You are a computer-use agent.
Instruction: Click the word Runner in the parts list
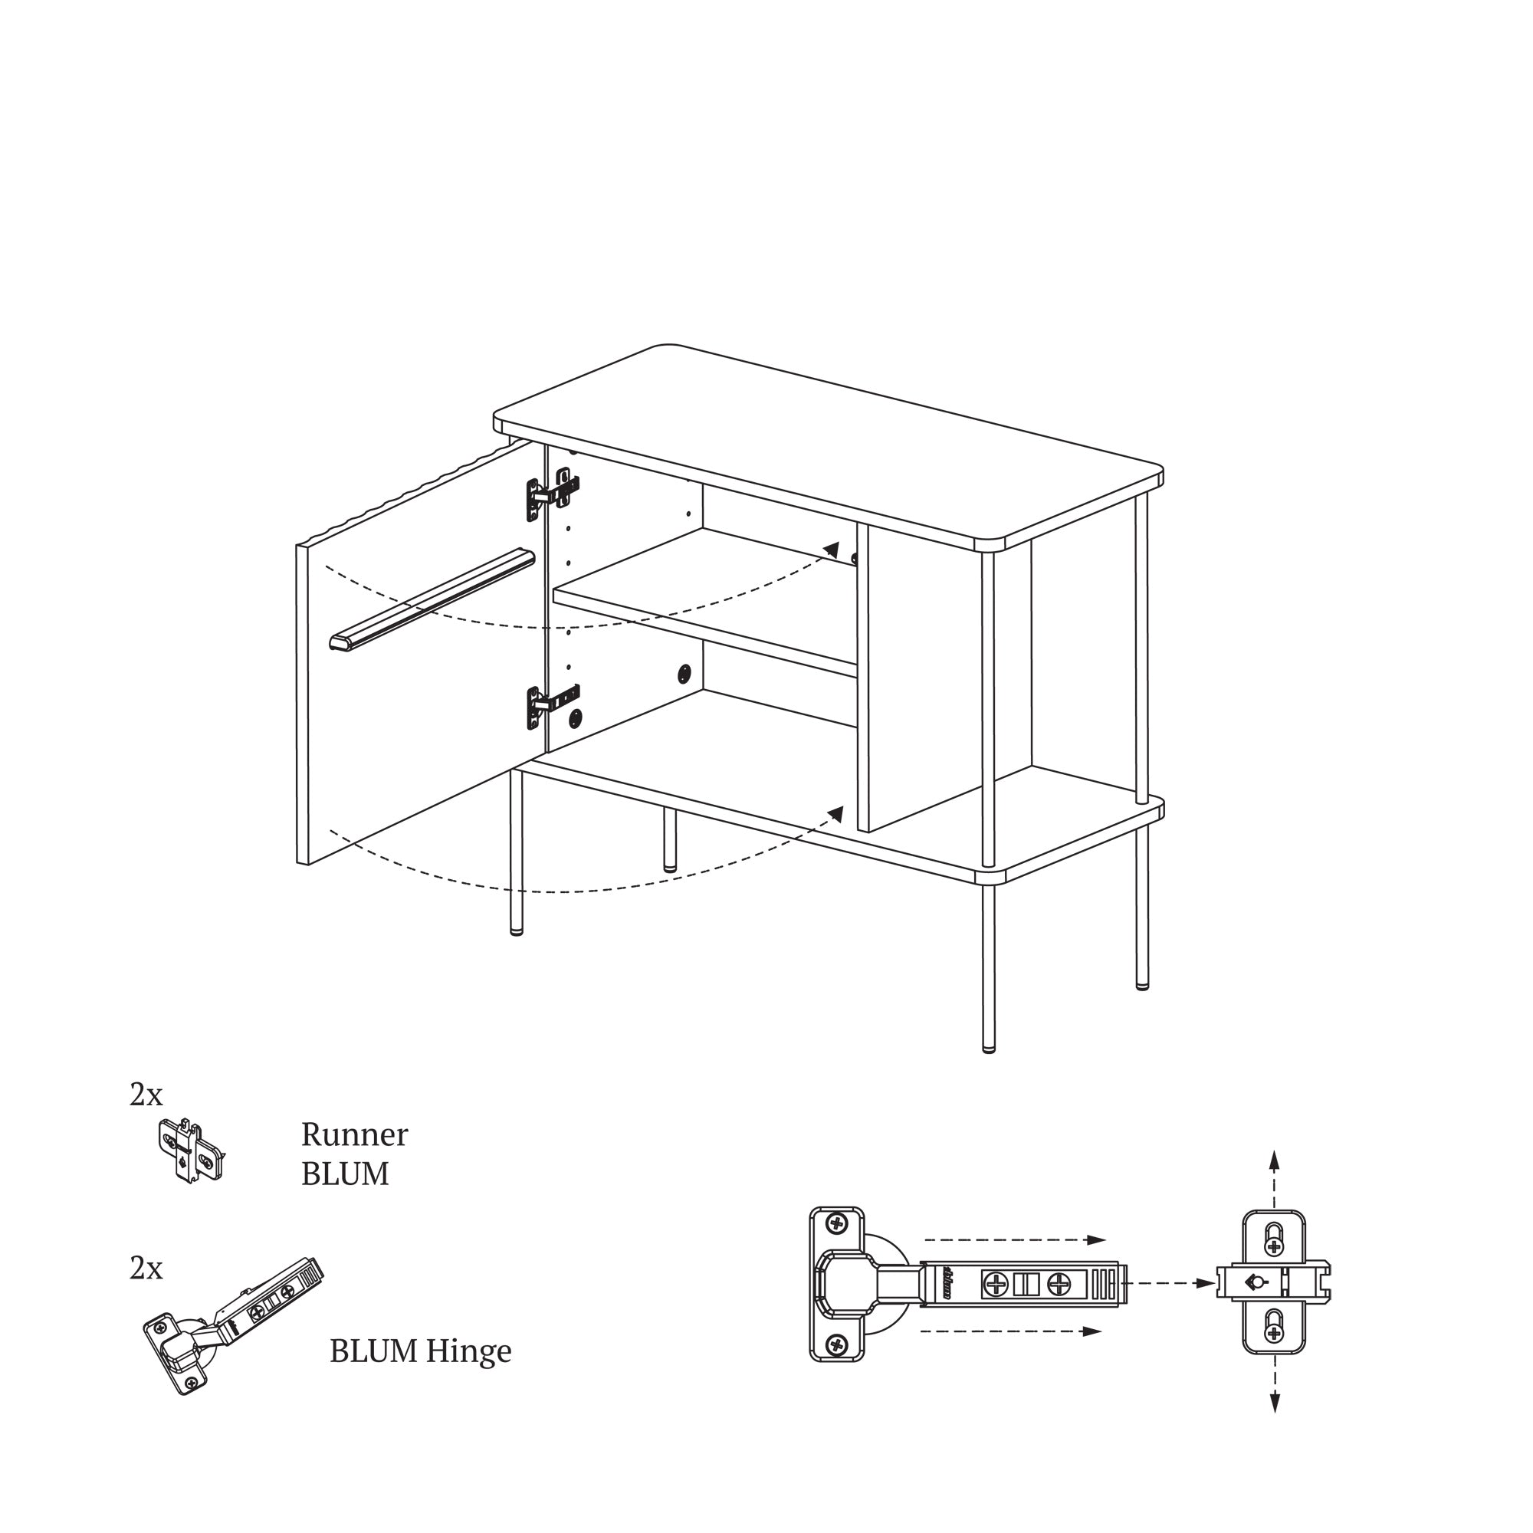pyautogui.click(x=354, y=1135)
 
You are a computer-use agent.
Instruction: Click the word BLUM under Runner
pyautogui.click(x=345, y=1174)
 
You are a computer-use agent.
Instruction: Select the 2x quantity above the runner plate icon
pyautogui.click(x=146, y=1095)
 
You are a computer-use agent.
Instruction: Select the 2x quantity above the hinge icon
pyautogui.click(x=146, y=1269)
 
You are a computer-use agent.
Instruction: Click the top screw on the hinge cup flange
pyautogui.click(x=837, y=1222)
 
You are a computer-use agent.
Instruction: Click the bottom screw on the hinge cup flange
pyautogui.click(x=837, y=1344)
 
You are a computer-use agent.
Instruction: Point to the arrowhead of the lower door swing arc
pyautogui.click(x=835, y=813)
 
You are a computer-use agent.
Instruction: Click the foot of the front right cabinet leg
pyautogui.click(x=989, y=1047)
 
